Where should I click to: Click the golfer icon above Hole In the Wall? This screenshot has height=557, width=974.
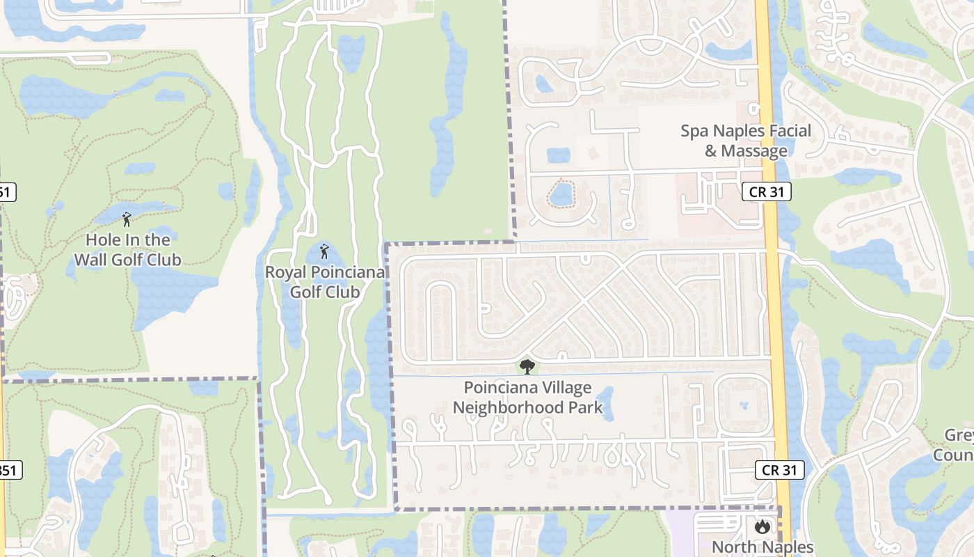[127, 220]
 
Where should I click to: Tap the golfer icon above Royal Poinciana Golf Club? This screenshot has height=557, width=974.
[324, 251]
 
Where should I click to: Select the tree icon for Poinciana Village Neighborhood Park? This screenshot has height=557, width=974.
[527, 367]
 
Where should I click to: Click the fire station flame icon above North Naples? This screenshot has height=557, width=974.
[763, 527]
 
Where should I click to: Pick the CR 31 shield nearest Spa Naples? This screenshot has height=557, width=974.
[767, 191]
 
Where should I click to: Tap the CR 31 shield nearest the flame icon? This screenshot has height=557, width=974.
[779, 470]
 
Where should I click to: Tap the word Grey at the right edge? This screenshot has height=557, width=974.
[960, 436]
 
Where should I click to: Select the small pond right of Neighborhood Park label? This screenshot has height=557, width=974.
[605, 403]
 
